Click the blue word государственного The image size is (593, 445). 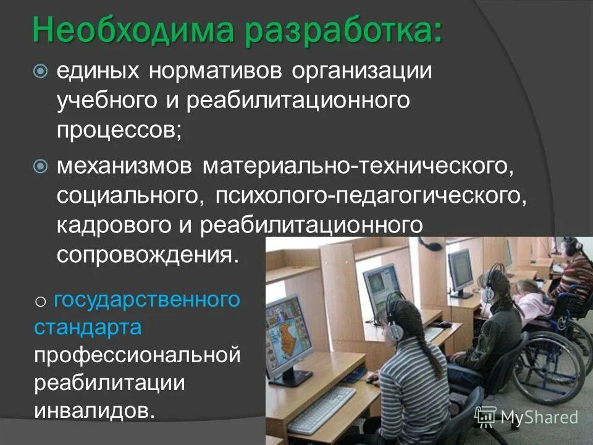point(146,300)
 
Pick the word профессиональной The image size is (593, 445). point(137,355)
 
